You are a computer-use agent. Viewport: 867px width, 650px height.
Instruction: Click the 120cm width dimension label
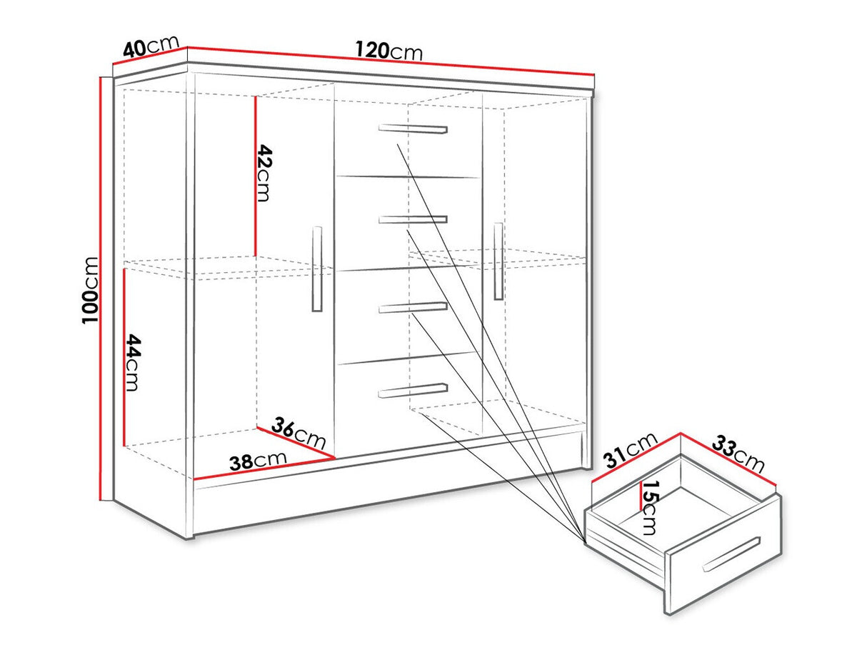tap(389, 50)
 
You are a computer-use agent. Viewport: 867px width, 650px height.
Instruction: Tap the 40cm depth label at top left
tap(151, 46)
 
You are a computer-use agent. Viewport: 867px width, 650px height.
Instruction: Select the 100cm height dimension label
tap(90, 290)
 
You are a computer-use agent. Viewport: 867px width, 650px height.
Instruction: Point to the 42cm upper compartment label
tap(264, 173)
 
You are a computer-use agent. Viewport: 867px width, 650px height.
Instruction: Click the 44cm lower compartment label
tap(133, 363)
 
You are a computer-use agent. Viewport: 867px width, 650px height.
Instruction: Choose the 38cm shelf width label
tap(258, 461)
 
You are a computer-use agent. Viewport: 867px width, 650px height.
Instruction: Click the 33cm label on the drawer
tap(738, 454)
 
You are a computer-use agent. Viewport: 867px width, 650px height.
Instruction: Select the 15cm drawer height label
tap(649, 508)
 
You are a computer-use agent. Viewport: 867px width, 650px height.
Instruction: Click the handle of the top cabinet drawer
tap(413, 129)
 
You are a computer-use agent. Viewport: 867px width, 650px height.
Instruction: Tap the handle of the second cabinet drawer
tap(413, 219)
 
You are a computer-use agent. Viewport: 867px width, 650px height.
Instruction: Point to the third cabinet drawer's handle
tap(413, 308)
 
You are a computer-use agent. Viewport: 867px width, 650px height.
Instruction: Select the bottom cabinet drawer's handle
tap(413, 390)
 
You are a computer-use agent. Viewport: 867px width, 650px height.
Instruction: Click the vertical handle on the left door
tap(317, 269)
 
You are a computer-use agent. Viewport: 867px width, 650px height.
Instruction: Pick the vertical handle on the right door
tap(498, 261)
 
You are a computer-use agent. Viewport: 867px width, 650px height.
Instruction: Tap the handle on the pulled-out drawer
tap(731, 554)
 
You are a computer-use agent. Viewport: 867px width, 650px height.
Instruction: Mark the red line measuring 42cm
tap(255, 176)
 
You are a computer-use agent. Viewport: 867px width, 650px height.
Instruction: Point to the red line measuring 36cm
tap(296, 442)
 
